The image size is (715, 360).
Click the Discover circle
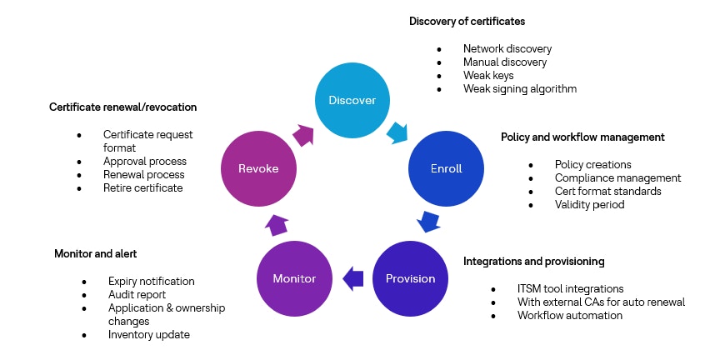pos(352,101)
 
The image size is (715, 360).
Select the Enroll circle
pos(447,168)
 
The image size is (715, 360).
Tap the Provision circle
pos(411,277)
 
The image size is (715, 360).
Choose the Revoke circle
pos(258,168)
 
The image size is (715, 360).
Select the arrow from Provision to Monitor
pos(354,277)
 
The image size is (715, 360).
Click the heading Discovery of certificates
pos(467,21)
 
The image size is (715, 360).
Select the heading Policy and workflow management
pos(582,137)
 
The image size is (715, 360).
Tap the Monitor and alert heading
pos(95,252)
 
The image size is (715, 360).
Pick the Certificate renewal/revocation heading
pos(122,107)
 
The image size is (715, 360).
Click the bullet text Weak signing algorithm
pos(520,89)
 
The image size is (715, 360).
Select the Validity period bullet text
pos(589,205)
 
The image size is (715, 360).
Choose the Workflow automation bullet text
pos(570,316)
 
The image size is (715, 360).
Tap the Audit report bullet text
pos(137,295)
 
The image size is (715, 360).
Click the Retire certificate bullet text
pos(142,188)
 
